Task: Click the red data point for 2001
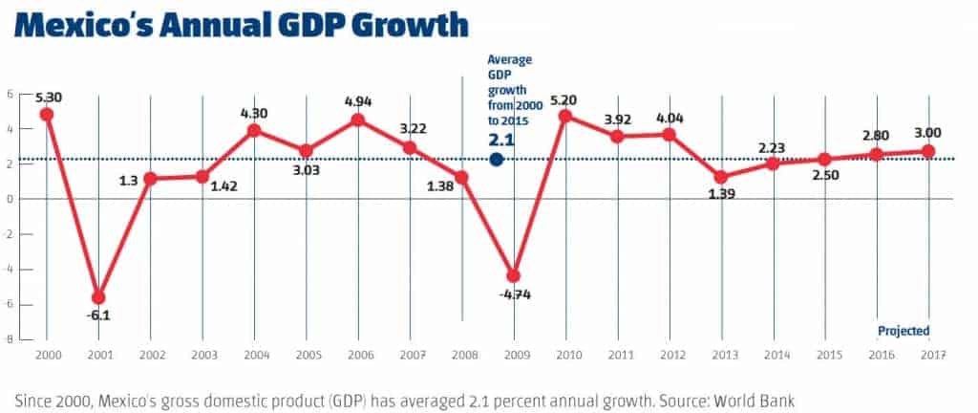click(97, 297)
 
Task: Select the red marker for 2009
click(513, 275)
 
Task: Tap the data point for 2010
click(564, 116)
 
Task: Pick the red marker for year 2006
click(357, 120)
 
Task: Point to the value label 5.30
click(48, 97)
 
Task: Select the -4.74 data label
click(516, 294)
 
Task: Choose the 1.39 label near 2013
click(720, 194)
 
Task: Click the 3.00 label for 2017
click(926, 133)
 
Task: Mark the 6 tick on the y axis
click(9, 94)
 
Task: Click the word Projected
click(903, 331)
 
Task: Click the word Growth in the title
click(400, 23)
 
